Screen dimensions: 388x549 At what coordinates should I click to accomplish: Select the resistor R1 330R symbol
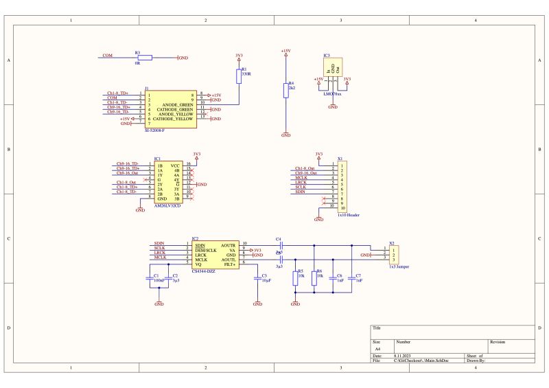[239, 75]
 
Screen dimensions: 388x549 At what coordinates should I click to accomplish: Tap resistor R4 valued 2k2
[285, 91]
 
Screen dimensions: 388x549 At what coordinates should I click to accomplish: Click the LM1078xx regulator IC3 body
[333, 68]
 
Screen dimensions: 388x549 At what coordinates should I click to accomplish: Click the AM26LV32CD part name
[167, 205]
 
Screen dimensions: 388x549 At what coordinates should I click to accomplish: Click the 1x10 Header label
[349, 214]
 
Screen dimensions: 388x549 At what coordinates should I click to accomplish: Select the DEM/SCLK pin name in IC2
[206, 250]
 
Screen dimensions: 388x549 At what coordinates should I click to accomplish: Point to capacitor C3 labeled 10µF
[258, 278]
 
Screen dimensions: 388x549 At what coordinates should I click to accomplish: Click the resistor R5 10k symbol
[296, 277]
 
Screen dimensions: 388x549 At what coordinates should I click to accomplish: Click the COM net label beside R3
[107, 55]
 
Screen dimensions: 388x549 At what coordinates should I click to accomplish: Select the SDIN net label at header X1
[301, 192]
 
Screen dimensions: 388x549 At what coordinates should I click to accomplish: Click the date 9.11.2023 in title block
[403, 356]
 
